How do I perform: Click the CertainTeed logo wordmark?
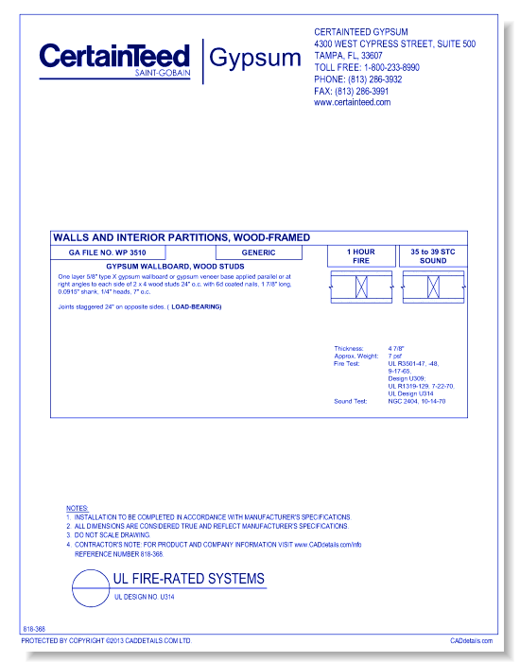115,57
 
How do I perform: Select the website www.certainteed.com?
352,102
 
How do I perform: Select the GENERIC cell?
258,253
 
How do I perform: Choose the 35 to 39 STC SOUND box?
433,255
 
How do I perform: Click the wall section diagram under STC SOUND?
433,286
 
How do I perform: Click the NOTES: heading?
77,509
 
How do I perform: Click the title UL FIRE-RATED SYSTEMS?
189,579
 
